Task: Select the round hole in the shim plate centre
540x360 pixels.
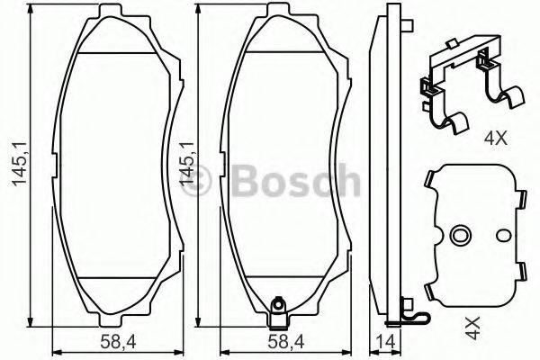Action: pos(460,237)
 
